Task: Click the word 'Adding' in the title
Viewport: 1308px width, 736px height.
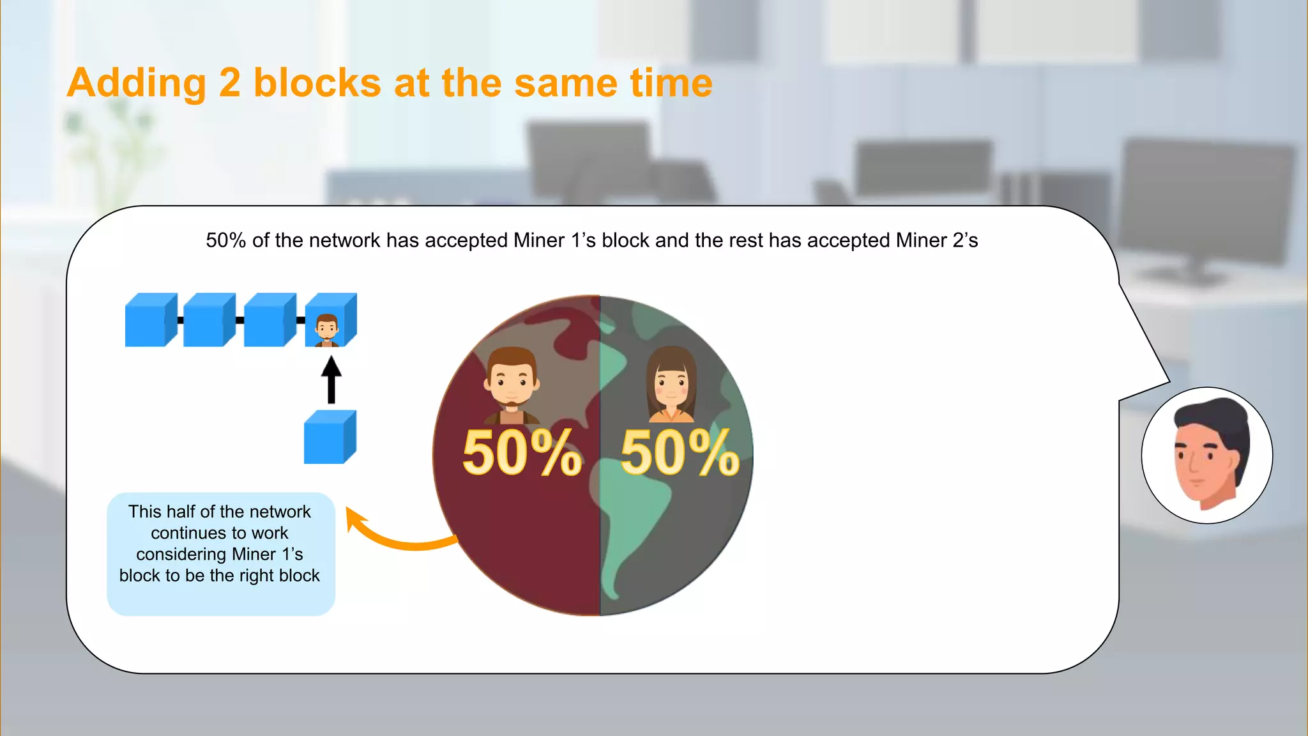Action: [136, 84]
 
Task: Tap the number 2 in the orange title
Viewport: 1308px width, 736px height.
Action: [229, 84]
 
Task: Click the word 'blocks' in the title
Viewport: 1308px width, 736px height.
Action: [317, 84]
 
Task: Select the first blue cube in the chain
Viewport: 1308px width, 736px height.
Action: [150, 320]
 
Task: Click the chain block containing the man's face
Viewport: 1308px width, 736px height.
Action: [330, 321]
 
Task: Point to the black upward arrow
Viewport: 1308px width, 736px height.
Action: [331, 379]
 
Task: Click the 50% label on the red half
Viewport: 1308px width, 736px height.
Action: [522, 453]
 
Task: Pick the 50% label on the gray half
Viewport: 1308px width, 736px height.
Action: [680, 453]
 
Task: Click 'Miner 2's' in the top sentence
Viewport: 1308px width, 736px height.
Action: [936, 240]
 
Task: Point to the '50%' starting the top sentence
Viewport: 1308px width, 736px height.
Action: [225, 240]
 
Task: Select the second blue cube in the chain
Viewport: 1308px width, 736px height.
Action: [208, 320]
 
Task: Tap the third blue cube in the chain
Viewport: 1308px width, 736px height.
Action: [269, 320]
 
